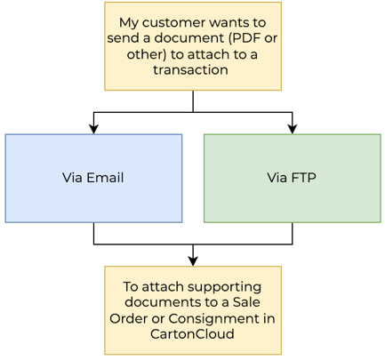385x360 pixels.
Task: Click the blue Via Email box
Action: coord(93,178)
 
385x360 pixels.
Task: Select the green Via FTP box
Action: coord(293,178)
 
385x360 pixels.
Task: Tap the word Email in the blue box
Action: coord(105,178)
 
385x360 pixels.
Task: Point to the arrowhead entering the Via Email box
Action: coord(93,129)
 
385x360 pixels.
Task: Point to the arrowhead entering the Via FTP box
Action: coord(293,129)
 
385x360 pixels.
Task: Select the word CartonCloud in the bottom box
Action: coord(193,335)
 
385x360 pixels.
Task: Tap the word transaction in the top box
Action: coord(193,71)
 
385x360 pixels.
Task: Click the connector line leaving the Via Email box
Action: coord(93,234)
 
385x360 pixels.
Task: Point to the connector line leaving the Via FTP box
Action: coord(293,234)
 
